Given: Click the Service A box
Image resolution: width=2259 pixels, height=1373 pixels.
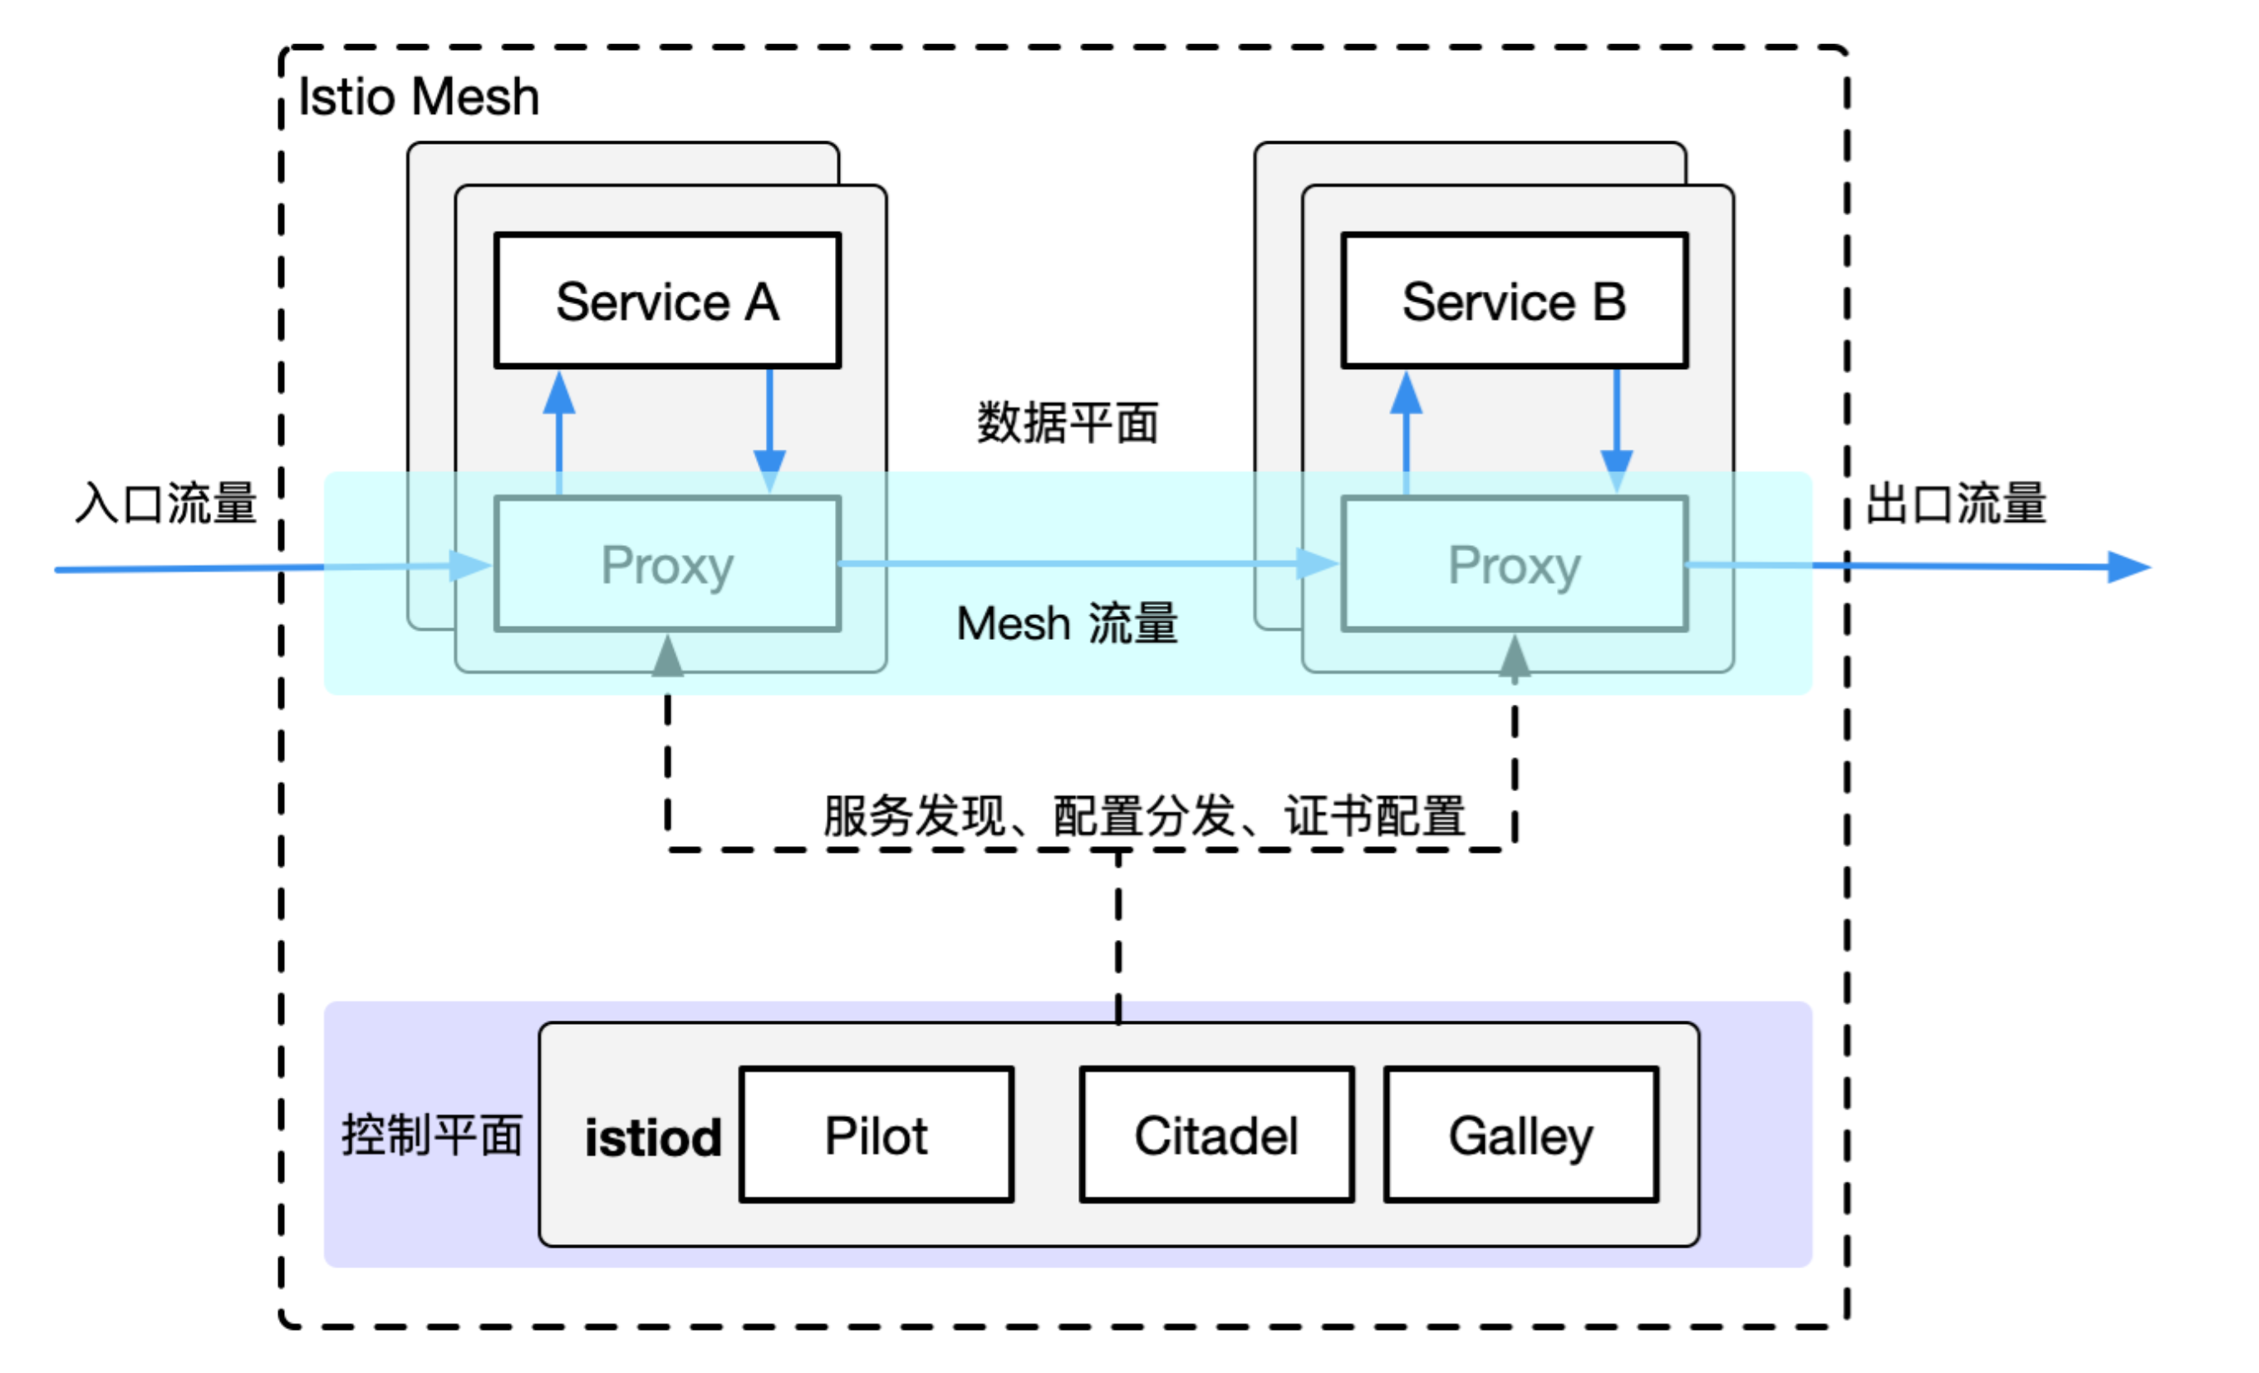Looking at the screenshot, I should pyautogui.click(x=667, y=301).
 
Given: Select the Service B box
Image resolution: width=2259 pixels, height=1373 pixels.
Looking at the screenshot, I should pyautogui.click(x=1514, y=301).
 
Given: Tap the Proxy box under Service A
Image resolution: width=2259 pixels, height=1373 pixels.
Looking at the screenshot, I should pyautogui.click(x=667, y=565).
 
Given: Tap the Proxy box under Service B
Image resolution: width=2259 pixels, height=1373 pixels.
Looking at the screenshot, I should pyautogui.click(x=1514, y=565).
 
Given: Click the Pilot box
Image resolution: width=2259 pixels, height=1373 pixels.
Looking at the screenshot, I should pyautogui.click(x=877, y=1134).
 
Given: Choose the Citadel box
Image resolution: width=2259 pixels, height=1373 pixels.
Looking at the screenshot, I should pyautogui.click(x=1216, y=1134).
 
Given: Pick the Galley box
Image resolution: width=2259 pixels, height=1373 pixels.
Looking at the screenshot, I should pyautogui.click(x=1521, y=1134).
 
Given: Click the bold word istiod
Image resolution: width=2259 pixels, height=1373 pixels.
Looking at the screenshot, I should pyautogui.click(x=653, y=1138).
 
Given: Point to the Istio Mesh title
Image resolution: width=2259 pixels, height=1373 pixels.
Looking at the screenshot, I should pyautogui.click(x=419, y=96).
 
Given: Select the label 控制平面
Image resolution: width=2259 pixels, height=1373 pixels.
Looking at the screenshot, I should pyautogui.click(x=432, y=1134).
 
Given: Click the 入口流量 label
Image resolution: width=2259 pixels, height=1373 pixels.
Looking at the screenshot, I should pyautogui.click(x=166, y=504).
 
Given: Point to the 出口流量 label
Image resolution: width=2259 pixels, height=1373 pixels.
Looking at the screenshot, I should pyautogui.click(x=1956, y=504).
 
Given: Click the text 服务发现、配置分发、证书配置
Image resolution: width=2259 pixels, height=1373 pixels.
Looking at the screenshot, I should pyautogui.click(x=1144, y=815).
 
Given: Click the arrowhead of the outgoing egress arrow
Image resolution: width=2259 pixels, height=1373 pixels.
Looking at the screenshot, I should pyautogui.click(x=2129, y=567).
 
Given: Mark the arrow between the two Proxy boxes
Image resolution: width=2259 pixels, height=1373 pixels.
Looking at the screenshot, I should pyautogui.click(x=1082, y=563).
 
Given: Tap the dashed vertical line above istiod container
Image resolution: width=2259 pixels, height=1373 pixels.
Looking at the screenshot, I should pyautogui.click(x=1118, y=936).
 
